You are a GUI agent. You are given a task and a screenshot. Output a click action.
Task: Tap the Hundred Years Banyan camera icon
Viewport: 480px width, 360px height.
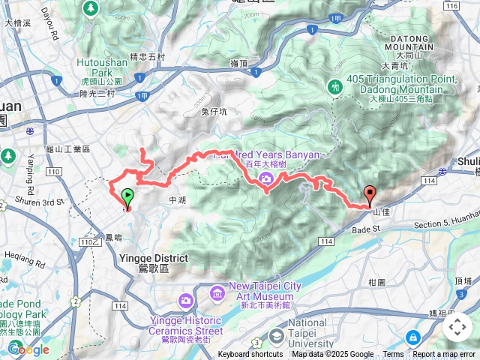(265, 178)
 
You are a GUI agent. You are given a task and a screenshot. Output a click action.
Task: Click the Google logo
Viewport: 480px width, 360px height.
(28, 349)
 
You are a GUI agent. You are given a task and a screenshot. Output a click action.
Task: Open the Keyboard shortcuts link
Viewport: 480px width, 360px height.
(250, 355)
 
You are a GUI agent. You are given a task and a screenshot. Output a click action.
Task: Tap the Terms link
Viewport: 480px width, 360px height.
(393, 355)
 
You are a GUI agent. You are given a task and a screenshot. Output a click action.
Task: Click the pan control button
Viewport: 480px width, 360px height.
(457, 327)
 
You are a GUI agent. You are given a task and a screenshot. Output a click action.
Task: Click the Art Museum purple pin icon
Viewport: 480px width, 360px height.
(217, 291)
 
